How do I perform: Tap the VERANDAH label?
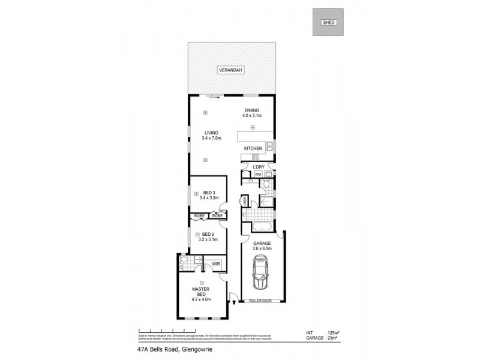click(230, 70)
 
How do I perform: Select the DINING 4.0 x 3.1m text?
click(251, 112)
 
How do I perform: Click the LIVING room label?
click(211, 135)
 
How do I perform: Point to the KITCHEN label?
click(253, 148)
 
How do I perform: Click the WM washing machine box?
click(258, 175)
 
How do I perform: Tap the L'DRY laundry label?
click(259, 166)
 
